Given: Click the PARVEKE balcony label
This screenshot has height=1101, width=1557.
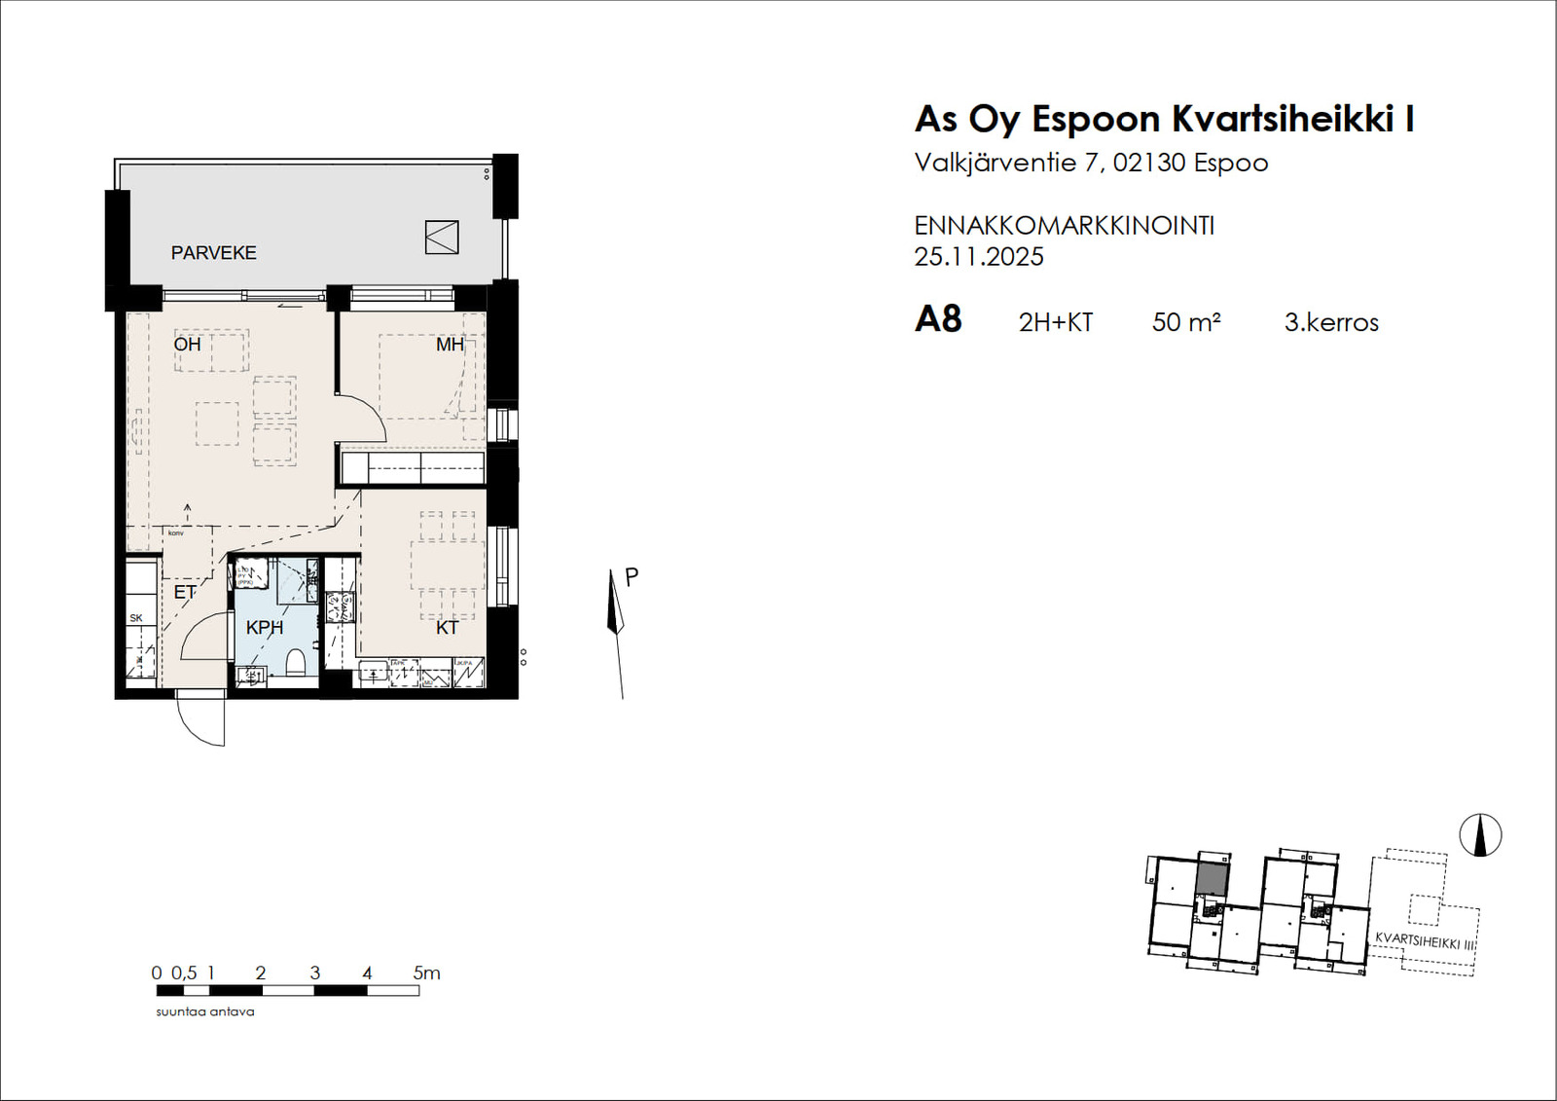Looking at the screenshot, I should click(x=213, y=253).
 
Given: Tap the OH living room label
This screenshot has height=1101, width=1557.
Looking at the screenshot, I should click(x=187, y=345).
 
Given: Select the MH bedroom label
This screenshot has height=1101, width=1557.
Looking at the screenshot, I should click(x=450, y=345).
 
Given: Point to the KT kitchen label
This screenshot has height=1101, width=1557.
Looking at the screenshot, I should click(x=447, y=628).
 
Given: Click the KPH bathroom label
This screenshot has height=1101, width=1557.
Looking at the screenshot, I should click(x=264, y=628).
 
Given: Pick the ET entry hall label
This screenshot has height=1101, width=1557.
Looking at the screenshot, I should click(x=184, y=592).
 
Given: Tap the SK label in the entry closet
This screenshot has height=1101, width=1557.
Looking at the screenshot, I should click(x=136, y=618).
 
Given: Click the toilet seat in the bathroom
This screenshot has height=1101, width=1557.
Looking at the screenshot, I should click(x=296, y=664).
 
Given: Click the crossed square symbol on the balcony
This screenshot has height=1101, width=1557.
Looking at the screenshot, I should click(x=442, y=238).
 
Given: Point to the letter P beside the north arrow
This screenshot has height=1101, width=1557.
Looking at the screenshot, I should click(x=632, y=577).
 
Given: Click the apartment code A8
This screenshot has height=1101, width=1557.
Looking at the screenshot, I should click(x=938, y=319).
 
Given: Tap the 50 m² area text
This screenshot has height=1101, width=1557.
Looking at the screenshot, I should click(x=1185, y=322).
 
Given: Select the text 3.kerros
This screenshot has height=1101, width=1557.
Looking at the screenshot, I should click(x=1330, y=322).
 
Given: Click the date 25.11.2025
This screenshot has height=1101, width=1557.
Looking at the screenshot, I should click(x=978, y=257).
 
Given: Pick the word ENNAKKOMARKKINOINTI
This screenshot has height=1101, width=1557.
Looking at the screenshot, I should click(x=1064, y=226).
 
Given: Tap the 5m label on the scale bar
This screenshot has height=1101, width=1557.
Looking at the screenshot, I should click(x=426, y=973).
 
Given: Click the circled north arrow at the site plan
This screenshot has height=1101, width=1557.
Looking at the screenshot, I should click(x=1480, y=835).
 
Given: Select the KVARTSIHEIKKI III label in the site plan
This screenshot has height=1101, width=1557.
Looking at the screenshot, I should click(x=1425, y=940).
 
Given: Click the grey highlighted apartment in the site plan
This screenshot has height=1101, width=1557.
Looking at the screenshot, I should click(x=1211, y=878).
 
